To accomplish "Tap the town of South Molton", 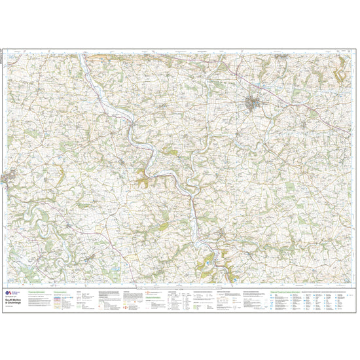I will coord(253,103).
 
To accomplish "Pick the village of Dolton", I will coord(90,262).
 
